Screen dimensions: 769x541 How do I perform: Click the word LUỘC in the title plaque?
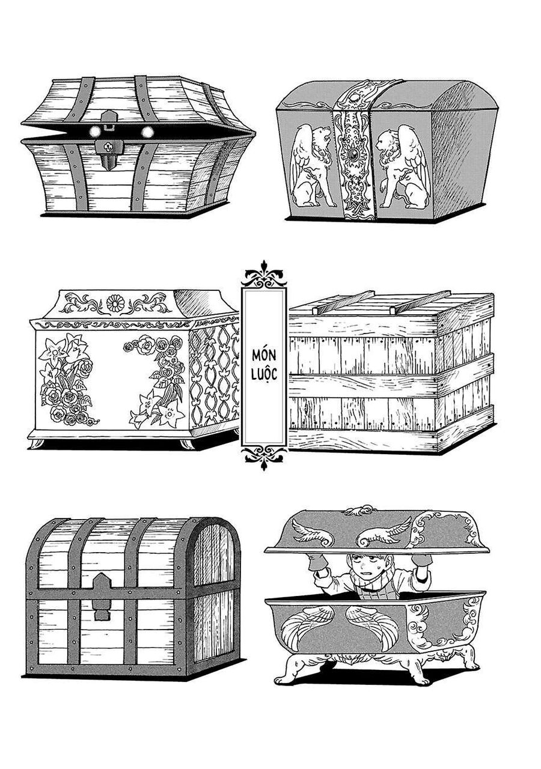click(x=264, y=373)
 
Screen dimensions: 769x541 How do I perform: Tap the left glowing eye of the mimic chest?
click(x=94, y=132)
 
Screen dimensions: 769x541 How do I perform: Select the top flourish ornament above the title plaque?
click(x=264, y=276)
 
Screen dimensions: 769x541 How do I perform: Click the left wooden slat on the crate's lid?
click(x=344, y=302)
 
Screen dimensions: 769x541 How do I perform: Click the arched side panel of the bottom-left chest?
click(x=213, y=592)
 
